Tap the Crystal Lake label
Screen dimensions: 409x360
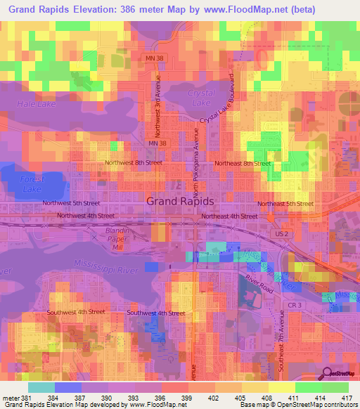(200, 98)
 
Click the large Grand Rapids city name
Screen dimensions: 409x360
(180, 201)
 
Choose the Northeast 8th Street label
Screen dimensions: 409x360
(243, 163)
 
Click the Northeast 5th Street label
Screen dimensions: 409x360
(285, 204)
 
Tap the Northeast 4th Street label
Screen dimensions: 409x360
(229, 216)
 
